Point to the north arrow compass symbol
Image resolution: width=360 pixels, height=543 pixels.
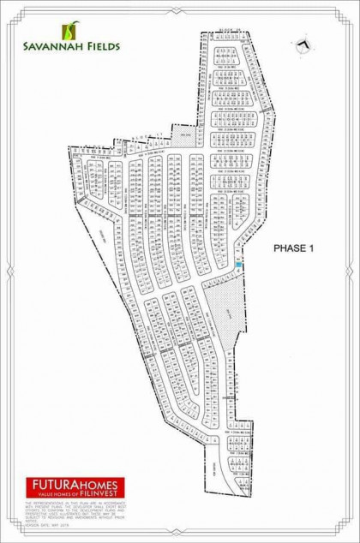tap(303, 44)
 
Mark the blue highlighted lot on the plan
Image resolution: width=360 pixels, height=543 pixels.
tap(238, 266)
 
